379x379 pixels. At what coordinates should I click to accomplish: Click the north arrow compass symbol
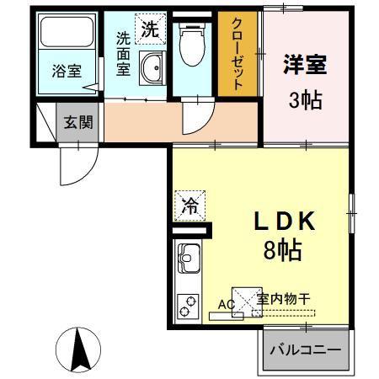[78, 350]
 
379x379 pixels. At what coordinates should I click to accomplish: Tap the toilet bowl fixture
[193, 45]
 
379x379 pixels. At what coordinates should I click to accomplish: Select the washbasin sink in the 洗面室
[152, 68]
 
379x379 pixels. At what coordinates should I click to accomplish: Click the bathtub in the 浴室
[67, 32]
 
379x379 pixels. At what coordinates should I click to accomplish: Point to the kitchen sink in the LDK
[189, 259]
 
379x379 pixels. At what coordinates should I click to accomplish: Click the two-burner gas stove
[188, 306]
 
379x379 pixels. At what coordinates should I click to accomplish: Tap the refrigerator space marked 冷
[189, 206]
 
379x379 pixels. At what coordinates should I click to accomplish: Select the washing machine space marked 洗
[150, 29]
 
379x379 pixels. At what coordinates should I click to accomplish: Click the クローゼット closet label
[238, 54]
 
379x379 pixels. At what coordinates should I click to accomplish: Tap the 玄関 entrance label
[78, 122]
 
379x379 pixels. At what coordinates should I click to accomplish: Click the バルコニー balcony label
[306, 350]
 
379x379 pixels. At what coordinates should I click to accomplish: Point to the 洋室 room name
[305, 64]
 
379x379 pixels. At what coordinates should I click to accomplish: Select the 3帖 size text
[305, 100]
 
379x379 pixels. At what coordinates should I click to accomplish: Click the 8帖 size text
[283, 249]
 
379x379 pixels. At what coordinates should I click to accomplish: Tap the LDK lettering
[284, 221]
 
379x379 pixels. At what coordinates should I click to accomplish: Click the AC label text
[227, 304]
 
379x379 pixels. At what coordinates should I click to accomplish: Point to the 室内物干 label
[284, 299]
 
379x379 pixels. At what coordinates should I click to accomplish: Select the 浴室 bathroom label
[67, 71]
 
